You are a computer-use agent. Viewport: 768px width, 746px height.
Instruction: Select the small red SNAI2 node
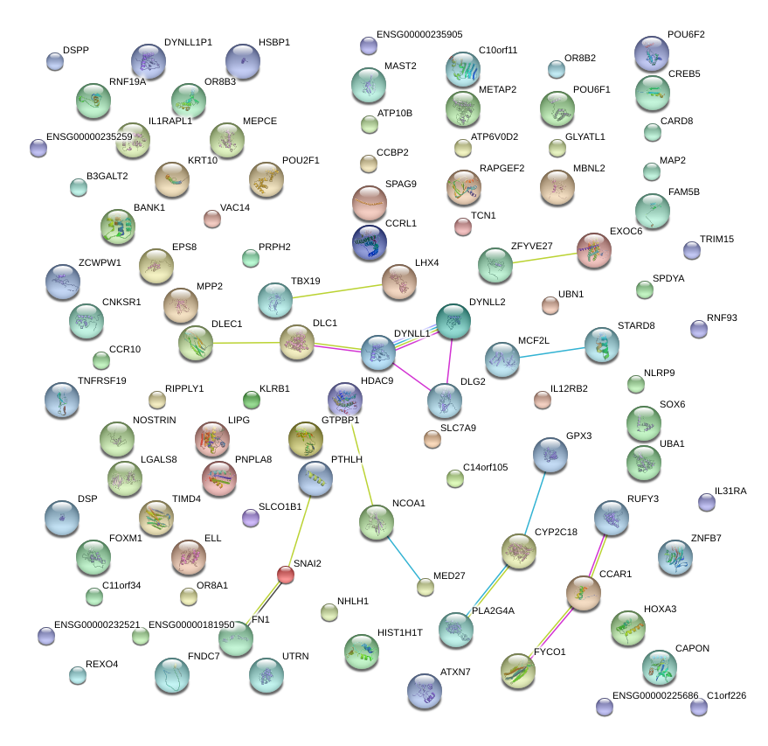click(286, 575)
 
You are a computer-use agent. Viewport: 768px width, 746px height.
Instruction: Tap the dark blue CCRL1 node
click(370, 242)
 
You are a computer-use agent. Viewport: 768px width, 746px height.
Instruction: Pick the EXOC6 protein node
click(594, 250)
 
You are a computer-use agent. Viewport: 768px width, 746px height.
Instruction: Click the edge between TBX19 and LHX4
click(337, 289)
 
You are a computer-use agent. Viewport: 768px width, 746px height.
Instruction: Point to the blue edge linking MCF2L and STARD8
click(551, 351)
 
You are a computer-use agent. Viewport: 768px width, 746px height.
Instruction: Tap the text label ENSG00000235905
click(419, 35)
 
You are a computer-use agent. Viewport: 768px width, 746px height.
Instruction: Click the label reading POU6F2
click(686, 35)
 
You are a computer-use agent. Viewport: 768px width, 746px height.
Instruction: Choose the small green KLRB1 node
click(252, 401)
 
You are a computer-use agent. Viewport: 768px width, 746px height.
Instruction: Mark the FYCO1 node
click(518, 671)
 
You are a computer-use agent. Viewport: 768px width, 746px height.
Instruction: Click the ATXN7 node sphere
click(425, 691)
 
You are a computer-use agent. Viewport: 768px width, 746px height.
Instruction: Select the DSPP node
click(54, 61)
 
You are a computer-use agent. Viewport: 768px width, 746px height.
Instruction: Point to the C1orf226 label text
click(727, 695)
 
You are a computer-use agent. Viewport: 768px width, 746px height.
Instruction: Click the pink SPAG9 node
click(370, 203)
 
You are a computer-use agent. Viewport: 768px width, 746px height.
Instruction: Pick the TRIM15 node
click(692, 250)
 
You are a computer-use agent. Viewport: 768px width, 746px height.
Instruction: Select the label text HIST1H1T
click(400, 632)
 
